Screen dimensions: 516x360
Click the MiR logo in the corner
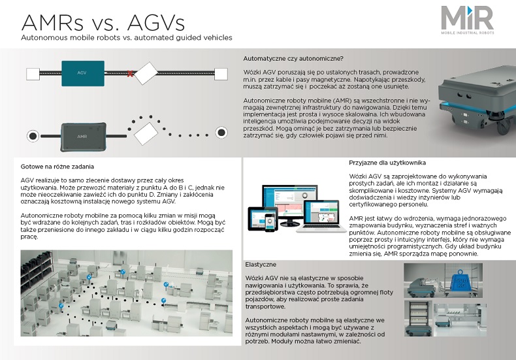click(x=467, y=20)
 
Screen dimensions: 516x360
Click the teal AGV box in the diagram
click(x=83, y=73)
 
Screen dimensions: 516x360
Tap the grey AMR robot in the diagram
click(x=84, y=137)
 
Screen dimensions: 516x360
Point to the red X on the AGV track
click(x=130, y=74)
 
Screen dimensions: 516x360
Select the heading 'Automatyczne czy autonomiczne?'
click(x=293, y=59)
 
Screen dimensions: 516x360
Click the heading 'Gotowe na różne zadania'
click(x=57, y=167)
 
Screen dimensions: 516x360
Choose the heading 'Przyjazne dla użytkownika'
click(x=387, y=163)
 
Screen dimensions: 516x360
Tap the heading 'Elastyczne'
click(x=261, y=265)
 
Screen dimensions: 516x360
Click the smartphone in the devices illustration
click(x=270, y=222)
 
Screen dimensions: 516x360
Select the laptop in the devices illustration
click(x=321, y=216)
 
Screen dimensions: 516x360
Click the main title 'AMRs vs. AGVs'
click(x=103, y=23)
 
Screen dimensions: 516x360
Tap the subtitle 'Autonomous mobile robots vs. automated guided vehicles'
click(x=127, y=37)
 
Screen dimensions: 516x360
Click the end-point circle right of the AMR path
click(x=221, y=132)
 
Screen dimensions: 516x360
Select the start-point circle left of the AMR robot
click(x=33, y=136)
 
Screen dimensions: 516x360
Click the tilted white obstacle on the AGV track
click(x=146, y=73)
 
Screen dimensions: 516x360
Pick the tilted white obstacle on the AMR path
click(x=146, y=133)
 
